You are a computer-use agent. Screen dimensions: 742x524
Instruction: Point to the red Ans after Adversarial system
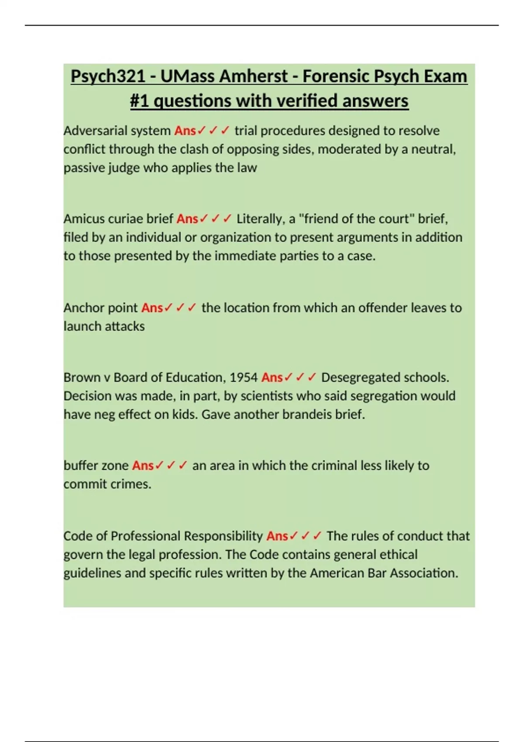(x=185, y=131)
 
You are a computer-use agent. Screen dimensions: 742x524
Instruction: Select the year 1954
(x=244, y=377)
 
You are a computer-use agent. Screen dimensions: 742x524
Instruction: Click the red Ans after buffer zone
(x=143, y=465)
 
